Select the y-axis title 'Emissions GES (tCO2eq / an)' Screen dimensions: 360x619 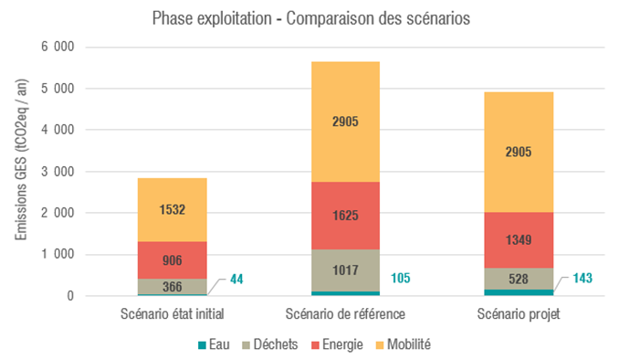coord(21,172)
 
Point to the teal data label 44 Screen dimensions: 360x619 coord(237,279)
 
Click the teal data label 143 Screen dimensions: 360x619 coord(581,277)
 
